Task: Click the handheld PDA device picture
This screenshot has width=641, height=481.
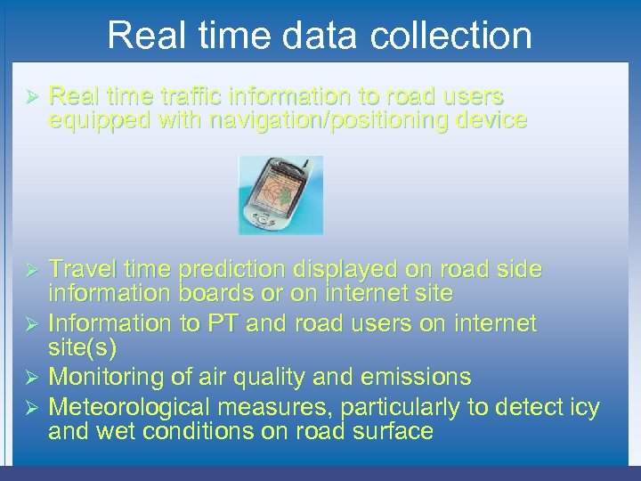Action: tap(280, 195)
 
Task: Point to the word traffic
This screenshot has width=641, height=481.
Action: tap(183, 95)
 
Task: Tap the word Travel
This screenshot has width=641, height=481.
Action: tap(82, 269)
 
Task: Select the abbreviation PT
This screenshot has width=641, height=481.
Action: tap(223, 322)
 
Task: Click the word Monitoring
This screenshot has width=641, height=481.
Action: tap(104, 377)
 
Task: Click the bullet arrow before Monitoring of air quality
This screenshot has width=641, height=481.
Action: tap(30, 378)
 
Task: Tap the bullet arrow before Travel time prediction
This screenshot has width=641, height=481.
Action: tap(30, 270)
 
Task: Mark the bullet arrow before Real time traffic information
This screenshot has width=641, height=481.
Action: tap(30, 96)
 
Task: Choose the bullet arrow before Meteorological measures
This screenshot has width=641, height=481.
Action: tap(30, 409)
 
